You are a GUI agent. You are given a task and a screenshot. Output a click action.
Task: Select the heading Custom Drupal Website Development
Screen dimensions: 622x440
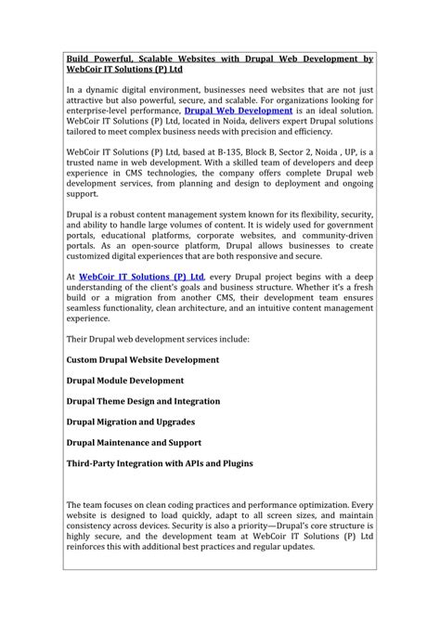point(143,359)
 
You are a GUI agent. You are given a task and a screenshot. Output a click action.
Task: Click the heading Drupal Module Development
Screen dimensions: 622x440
point(125,381)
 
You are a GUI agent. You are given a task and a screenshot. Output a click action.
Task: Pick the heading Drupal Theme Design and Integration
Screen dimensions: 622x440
point(143,401)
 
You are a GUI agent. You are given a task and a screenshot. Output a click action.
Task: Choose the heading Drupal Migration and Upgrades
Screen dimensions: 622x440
point(131,421)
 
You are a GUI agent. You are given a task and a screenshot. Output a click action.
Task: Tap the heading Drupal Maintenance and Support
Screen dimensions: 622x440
point(134,443)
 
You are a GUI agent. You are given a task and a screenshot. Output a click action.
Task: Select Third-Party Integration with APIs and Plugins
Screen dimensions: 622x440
point(159,463)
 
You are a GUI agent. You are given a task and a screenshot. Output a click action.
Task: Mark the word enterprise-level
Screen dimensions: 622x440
point(98,110)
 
